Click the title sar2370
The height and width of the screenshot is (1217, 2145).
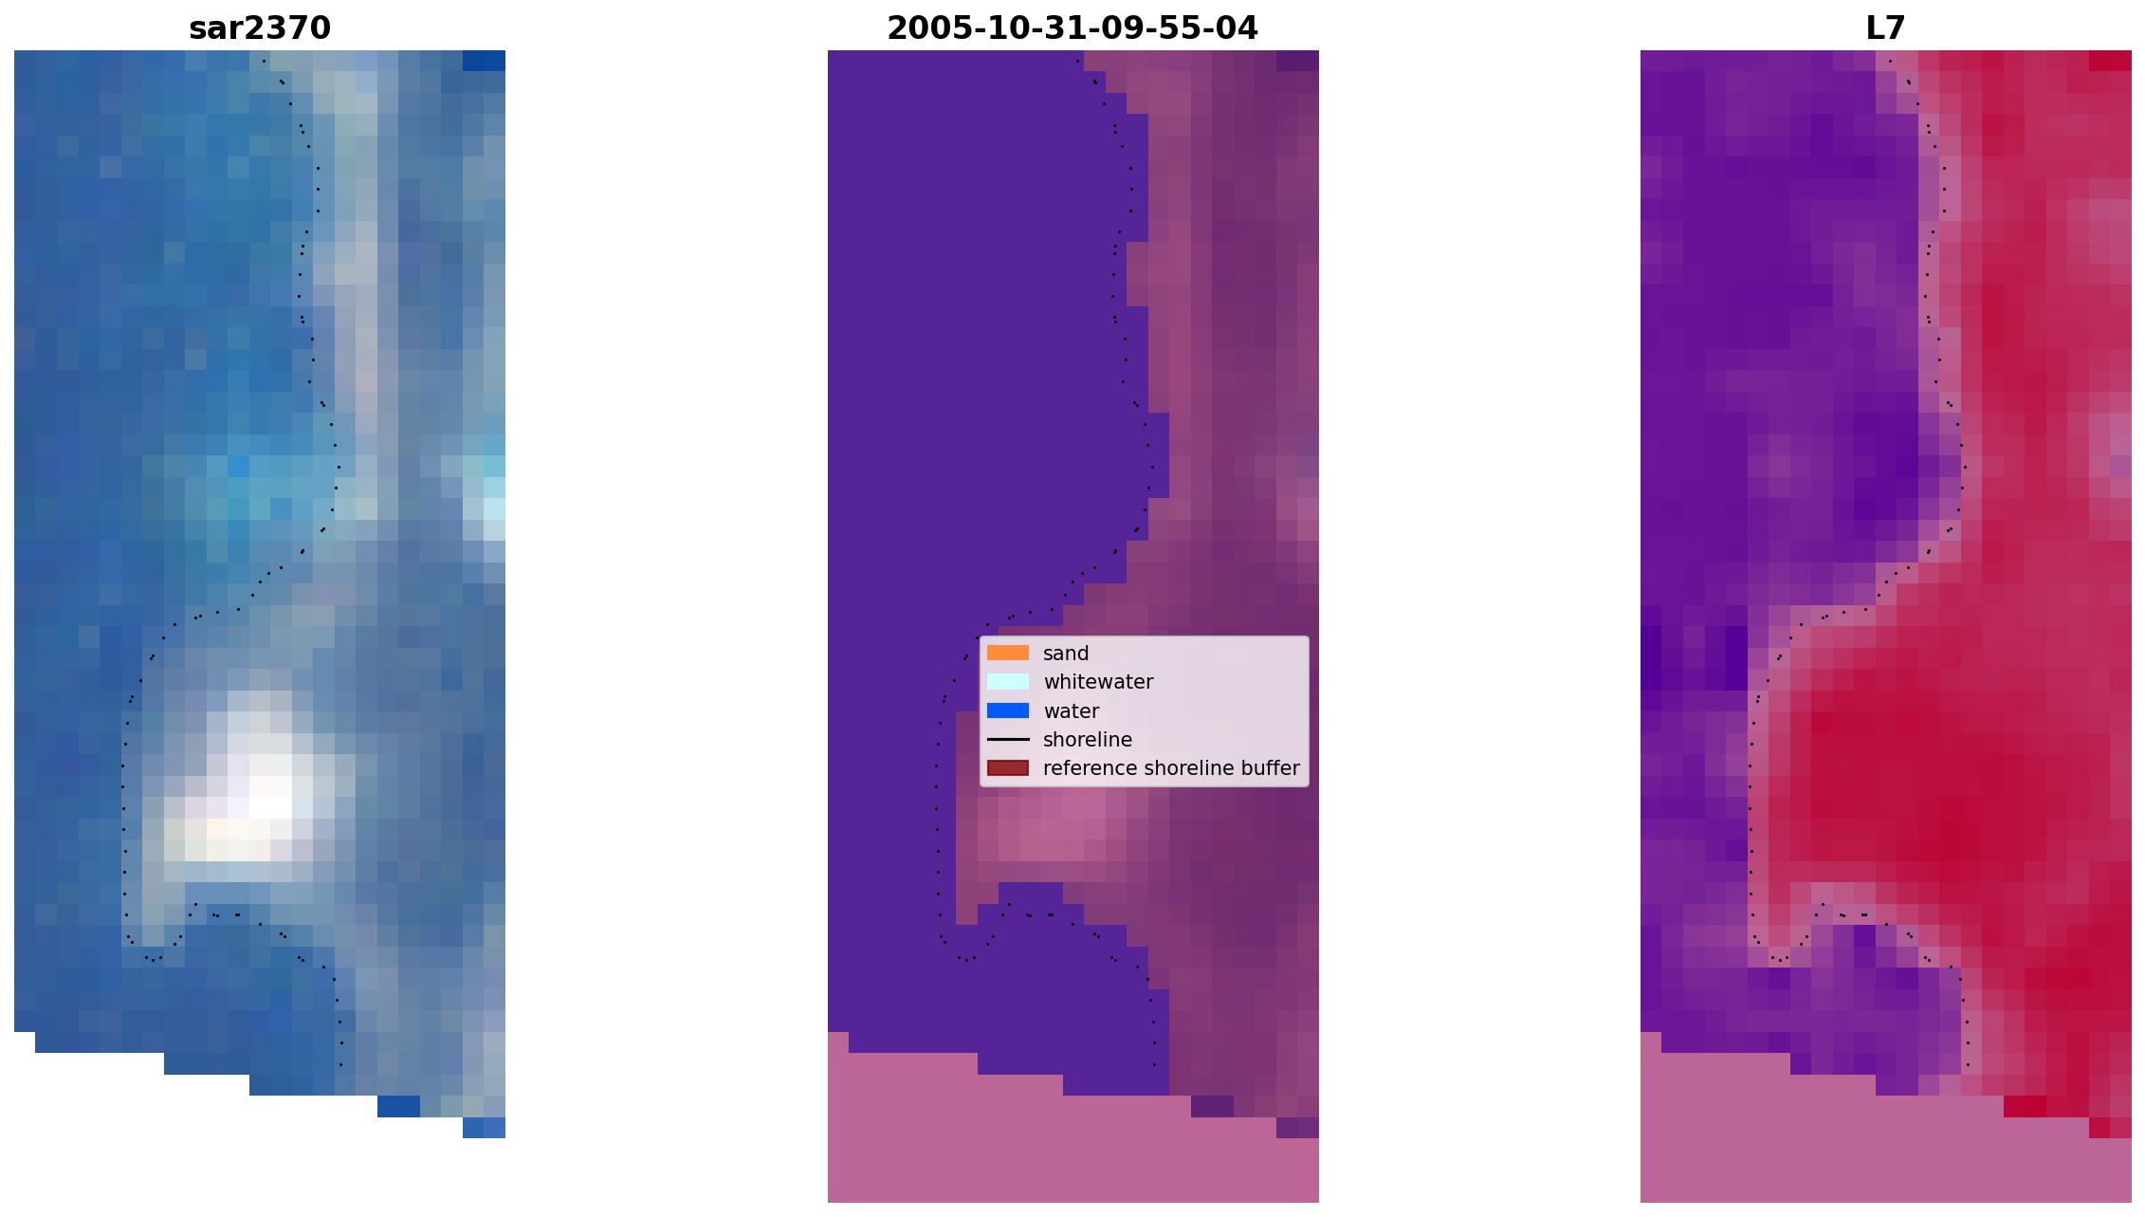coord(260,28)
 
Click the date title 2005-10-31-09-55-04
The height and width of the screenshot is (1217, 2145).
coord(1072,28)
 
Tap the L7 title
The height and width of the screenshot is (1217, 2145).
coord(1885,28)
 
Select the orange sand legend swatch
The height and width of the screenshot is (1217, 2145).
coord(1008,653)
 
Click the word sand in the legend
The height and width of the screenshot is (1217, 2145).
coord(1066,654)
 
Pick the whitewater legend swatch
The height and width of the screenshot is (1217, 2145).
coord(1008,681)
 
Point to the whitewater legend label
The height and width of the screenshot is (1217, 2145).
coord(1098,682)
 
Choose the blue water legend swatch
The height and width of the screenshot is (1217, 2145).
coord(1008,710)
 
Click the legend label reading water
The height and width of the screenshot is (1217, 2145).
coord(1072,711)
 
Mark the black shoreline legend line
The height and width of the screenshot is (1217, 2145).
coord(1008,739)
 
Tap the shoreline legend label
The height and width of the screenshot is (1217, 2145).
coord(1088,740)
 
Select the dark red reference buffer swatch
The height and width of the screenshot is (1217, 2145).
coord(1008,767)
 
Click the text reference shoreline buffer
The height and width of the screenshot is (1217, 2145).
coord(1171,768)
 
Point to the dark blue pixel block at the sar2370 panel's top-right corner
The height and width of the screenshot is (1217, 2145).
coord(484,61)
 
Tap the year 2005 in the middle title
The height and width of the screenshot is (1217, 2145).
coord(921,28)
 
